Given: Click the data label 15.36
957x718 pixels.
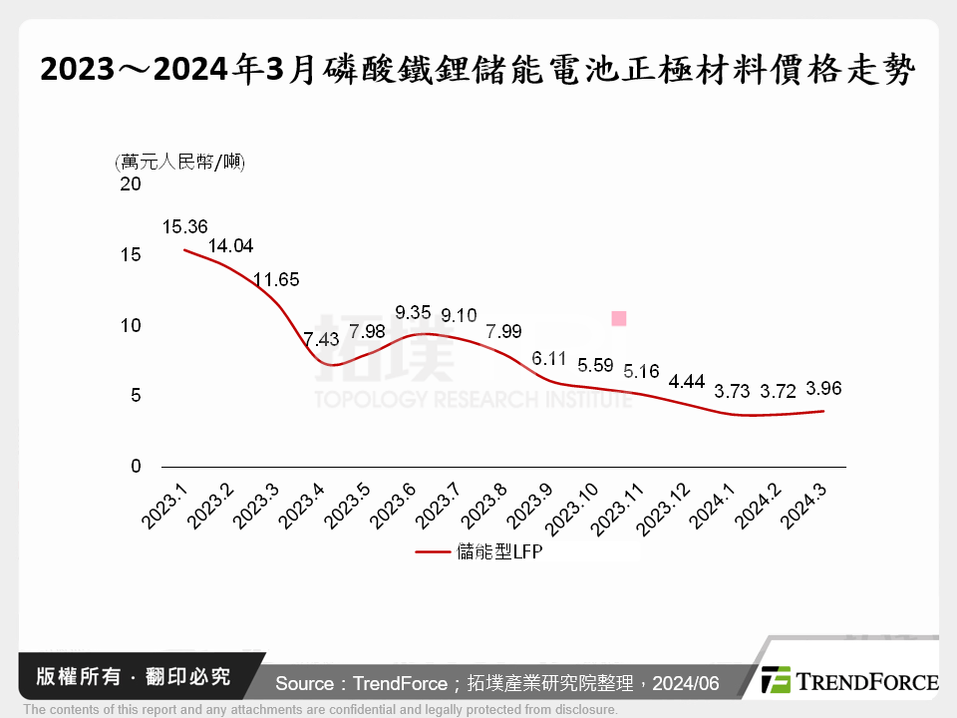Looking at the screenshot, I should [182, 226].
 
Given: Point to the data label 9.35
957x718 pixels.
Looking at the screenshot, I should [413, 310].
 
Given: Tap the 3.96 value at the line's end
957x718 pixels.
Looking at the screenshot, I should [822, 388].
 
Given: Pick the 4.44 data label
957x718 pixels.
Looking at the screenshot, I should [688, 381].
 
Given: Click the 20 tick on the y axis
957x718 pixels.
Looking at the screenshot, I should [131, 184].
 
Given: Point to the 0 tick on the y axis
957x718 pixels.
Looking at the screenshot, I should [137, 467].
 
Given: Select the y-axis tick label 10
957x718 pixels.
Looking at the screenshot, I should [131, 325].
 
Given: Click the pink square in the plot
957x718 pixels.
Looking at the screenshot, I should [618, 318].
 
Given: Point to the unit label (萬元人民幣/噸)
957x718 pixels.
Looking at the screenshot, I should [180, 162].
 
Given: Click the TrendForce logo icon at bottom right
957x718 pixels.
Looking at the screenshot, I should [775, 680].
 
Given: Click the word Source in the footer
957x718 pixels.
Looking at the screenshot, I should [304, 683].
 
